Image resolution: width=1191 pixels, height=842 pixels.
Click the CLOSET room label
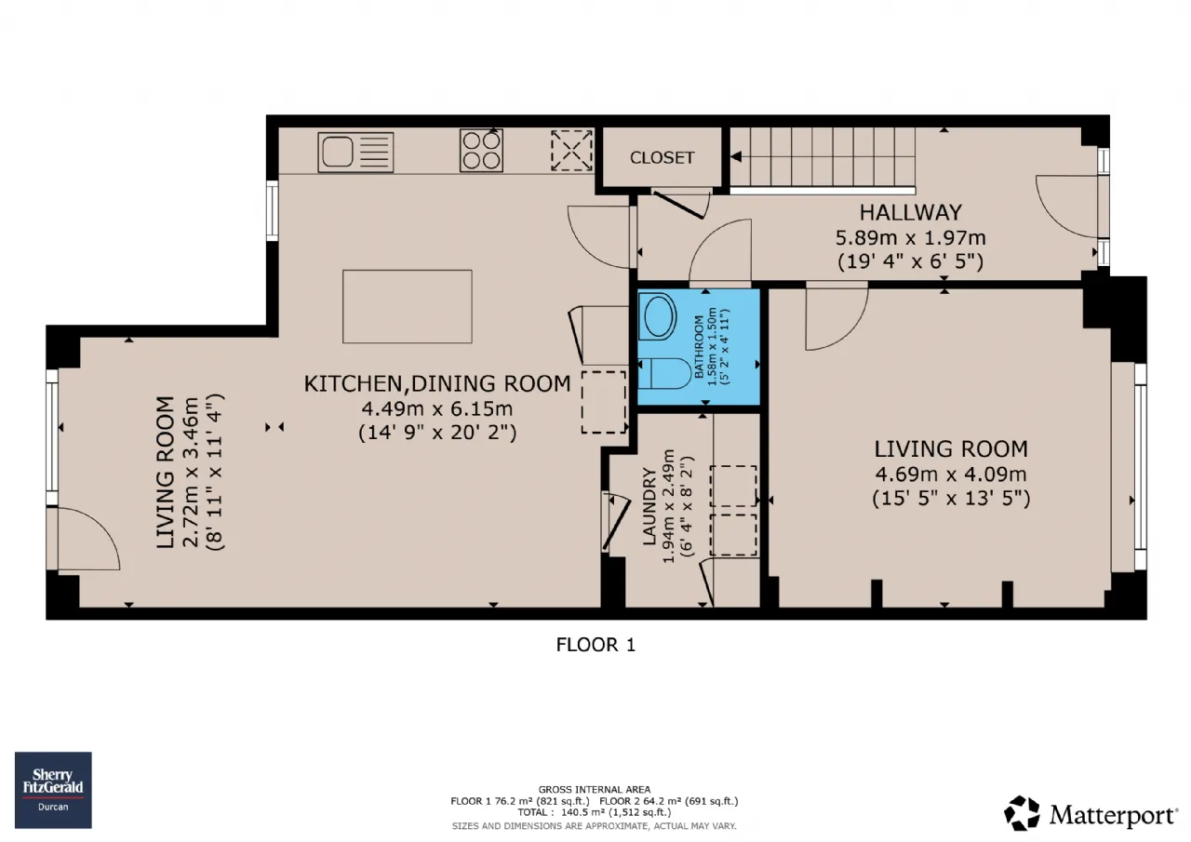coord(662,157)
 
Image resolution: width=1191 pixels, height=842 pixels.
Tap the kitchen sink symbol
coord(355,152)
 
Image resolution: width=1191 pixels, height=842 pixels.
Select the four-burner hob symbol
coord(481,151)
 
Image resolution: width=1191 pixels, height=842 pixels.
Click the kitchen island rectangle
coord(408,306)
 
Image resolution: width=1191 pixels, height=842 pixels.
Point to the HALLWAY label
coord(911,213)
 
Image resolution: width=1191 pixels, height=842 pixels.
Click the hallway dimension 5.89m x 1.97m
coord(910,237)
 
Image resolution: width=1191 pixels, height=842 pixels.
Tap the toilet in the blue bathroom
coord(664,373)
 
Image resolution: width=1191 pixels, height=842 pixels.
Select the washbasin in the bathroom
coord(658,316)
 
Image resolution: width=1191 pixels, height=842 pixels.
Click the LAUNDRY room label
coord(649,506)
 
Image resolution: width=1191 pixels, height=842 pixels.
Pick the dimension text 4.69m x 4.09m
coord(951,474)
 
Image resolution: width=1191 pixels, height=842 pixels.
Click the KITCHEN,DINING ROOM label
coord(437,384)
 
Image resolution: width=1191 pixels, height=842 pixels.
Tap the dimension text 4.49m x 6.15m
coord(437,408)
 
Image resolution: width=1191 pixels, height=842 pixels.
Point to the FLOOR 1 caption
coord(595,645)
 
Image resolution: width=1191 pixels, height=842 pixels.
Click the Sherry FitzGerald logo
coord(53,790)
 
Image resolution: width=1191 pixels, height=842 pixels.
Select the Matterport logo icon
coord(1022,813)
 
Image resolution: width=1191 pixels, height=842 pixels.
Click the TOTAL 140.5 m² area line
coord(595,812)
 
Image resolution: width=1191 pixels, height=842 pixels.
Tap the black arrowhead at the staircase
coord(736,157)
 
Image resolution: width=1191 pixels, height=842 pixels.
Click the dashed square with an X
coord(571,151)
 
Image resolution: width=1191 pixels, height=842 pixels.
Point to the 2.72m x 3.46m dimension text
coord(191,472)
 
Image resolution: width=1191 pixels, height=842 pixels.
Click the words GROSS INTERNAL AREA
coord(595,790)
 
